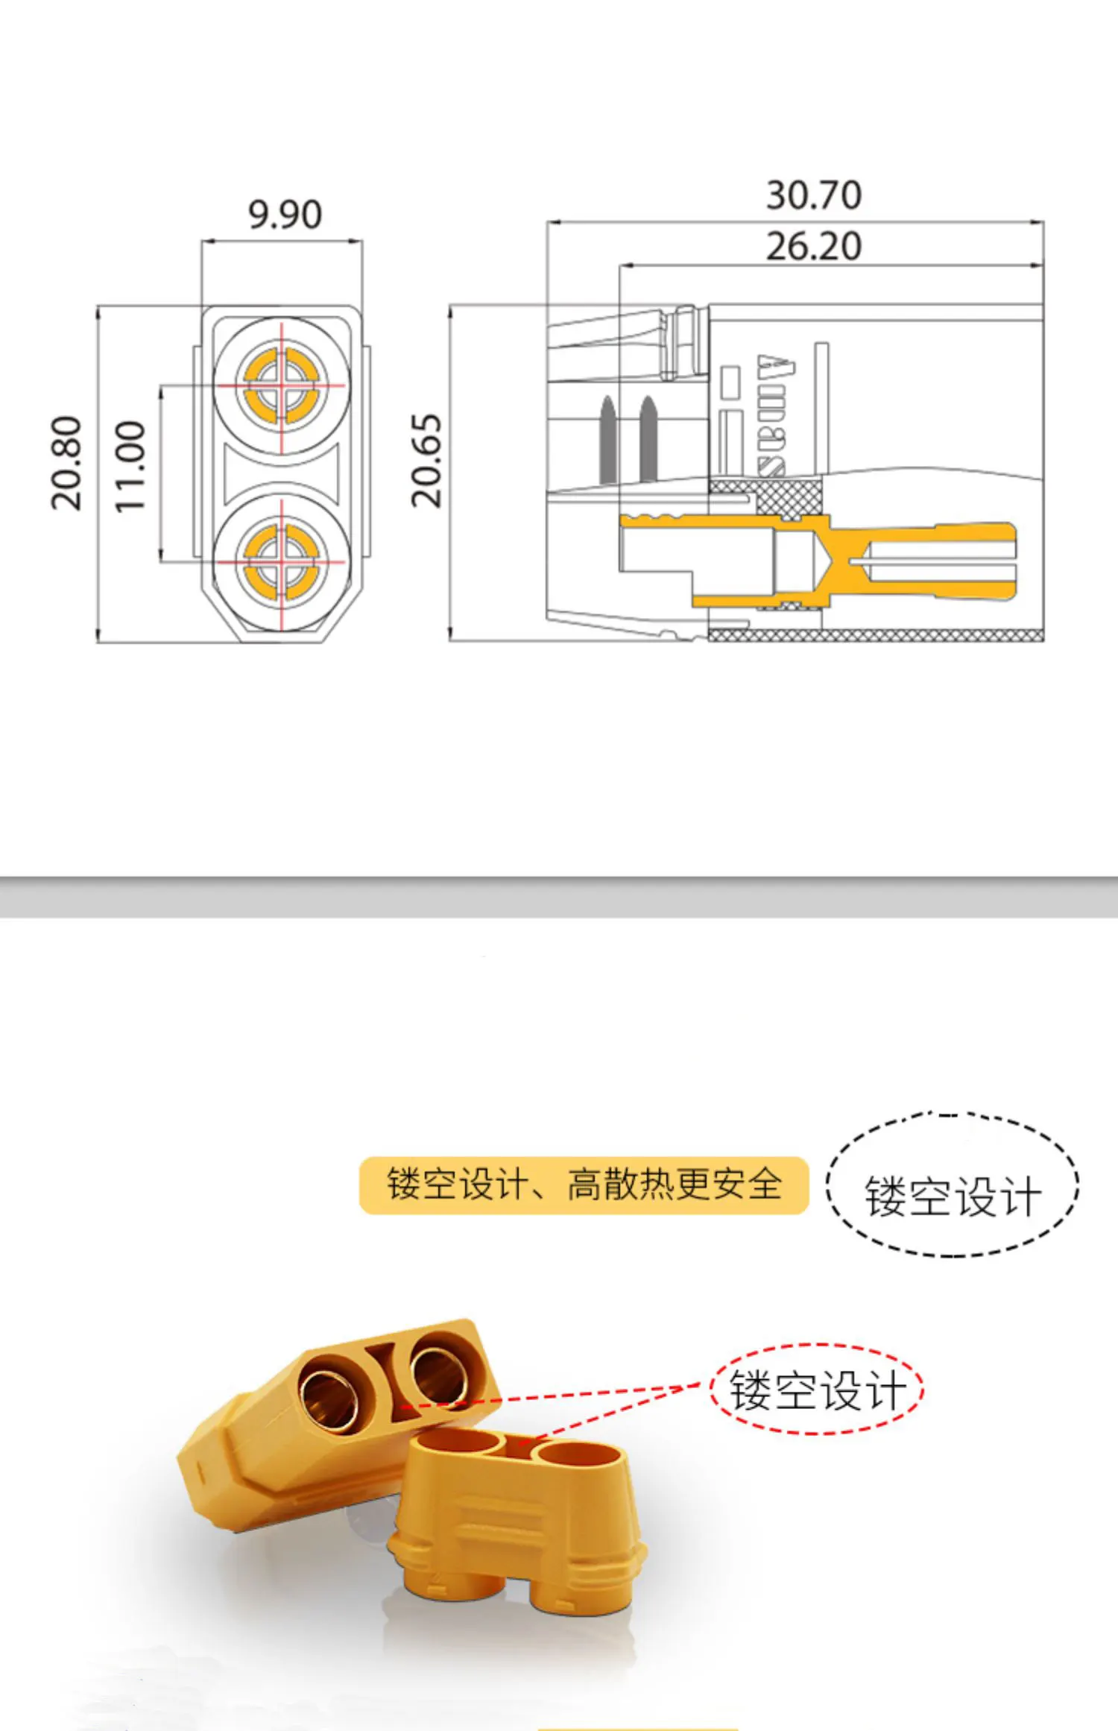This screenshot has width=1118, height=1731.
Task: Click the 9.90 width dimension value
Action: click(x=285, y=215)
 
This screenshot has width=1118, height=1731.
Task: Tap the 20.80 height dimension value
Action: click(x=66, y=463)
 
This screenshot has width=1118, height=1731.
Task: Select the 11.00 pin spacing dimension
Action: click(x=129, y=467)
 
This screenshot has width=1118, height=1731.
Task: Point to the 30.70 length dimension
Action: click(x=814, y=195)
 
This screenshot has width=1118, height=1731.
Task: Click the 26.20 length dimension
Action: click(x=814, y=246)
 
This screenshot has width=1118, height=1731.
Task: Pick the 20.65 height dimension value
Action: click(x=427, y=461)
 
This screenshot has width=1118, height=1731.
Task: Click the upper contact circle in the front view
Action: click(x=282, y=385)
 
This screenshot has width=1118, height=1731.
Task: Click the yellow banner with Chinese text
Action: click(x=584, y=1185)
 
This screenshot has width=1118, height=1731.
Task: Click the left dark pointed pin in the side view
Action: click(x=608, y=440)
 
